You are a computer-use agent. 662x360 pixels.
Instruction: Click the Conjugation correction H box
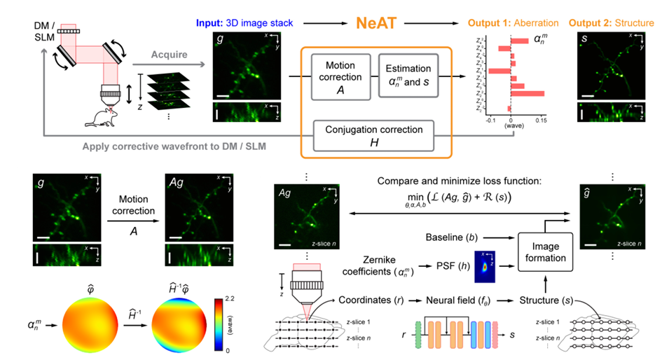pos(373,134)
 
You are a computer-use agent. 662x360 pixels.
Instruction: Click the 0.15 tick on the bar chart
pos(539,120)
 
